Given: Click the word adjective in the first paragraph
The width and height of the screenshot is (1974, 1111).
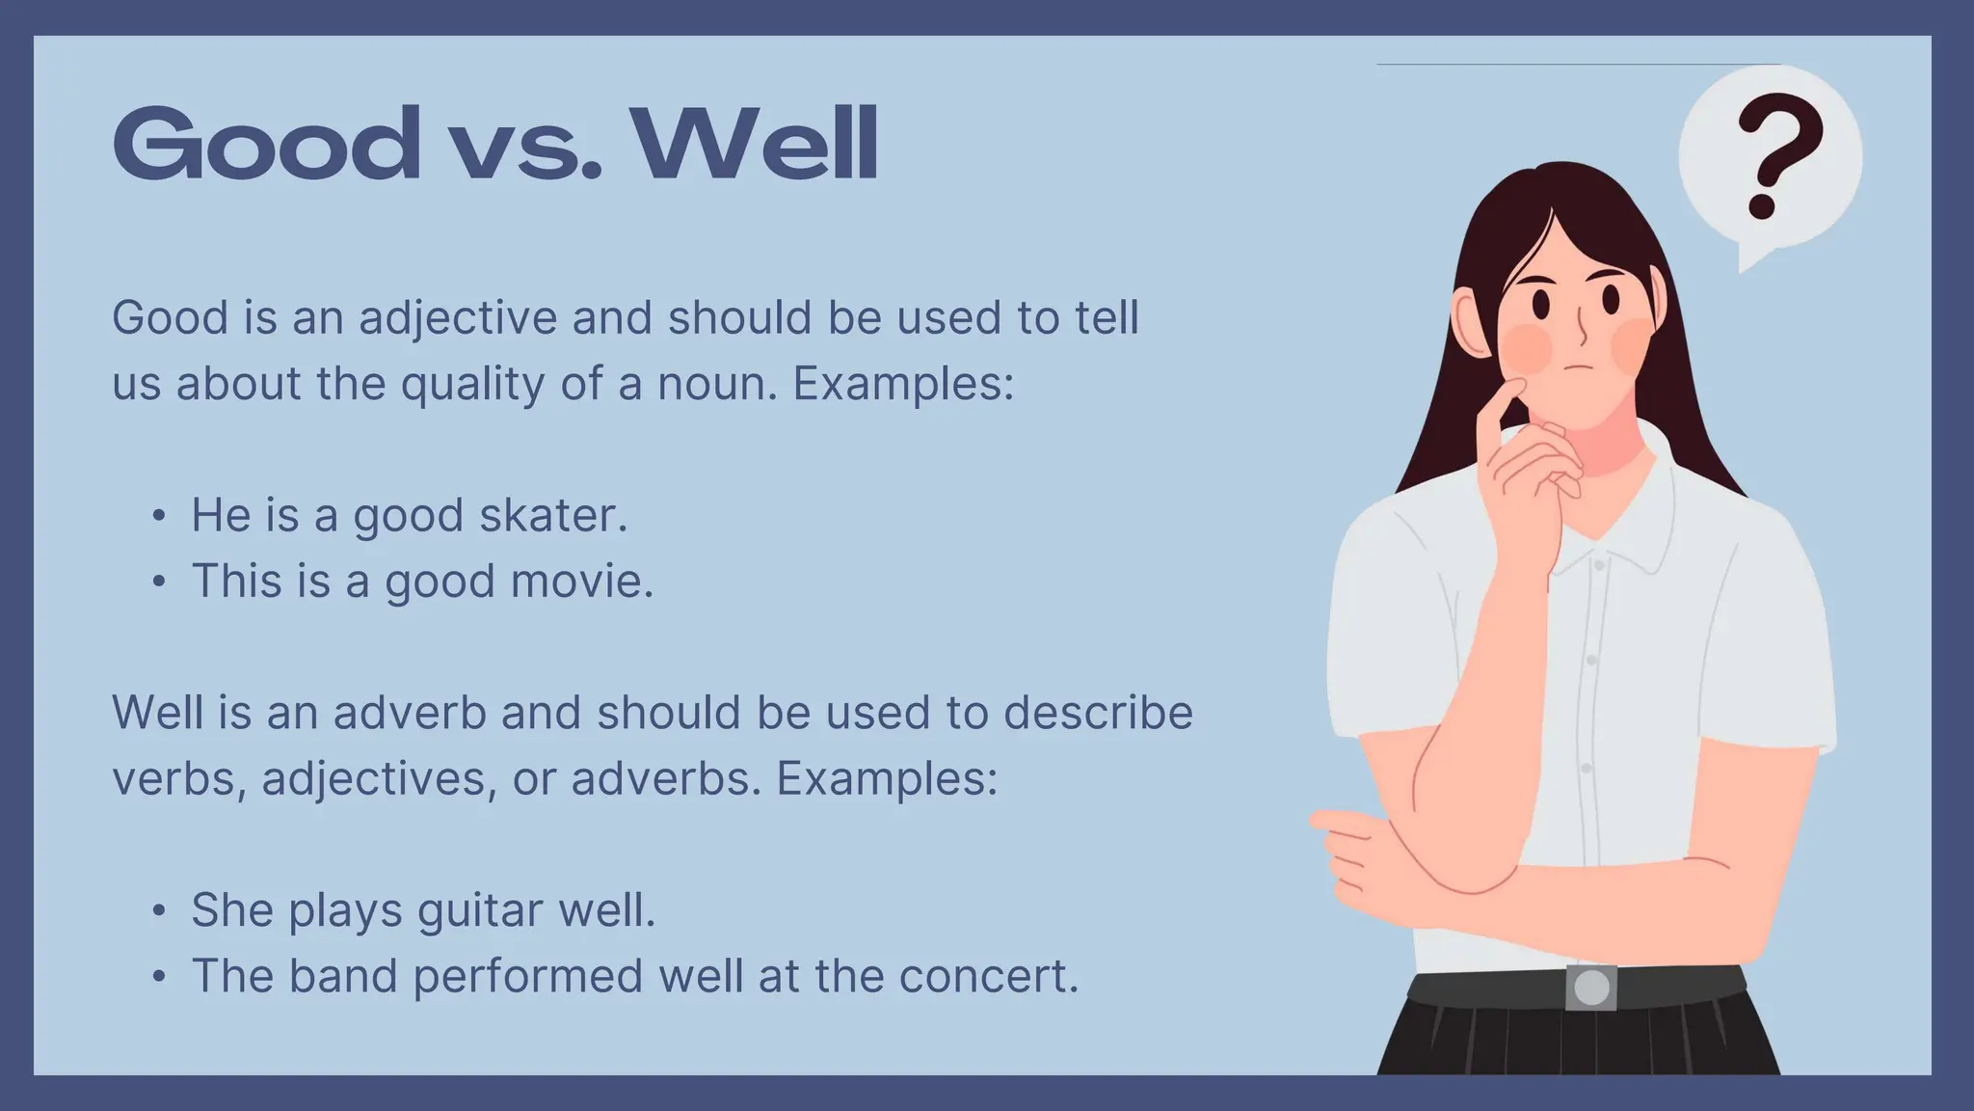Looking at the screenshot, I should tap(458, 318).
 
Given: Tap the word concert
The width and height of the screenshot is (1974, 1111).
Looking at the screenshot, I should tap(988, 976).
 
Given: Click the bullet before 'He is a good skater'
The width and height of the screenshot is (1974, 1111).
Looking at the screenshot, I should tap(159, 516).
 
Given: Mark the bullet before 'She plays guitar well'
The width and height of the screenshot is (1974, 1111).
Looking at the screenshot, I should tap(159, 910).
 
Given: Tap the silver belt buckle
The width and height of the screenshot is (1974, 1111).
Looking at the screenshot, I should tap(1590, 988).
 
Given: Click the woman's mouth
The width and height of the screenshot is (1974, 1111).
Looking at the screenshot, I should tap(1576, 366).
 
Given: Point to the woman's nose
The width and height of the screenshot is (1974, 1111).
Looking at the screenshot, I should tap(1582, 328).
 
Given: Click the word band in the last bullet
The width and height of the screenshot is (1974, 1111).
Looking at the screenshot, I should tap(343, 976).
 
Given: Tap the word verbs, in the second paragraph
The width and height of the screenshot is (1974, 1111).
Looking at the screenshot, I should tap(179, 779).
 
